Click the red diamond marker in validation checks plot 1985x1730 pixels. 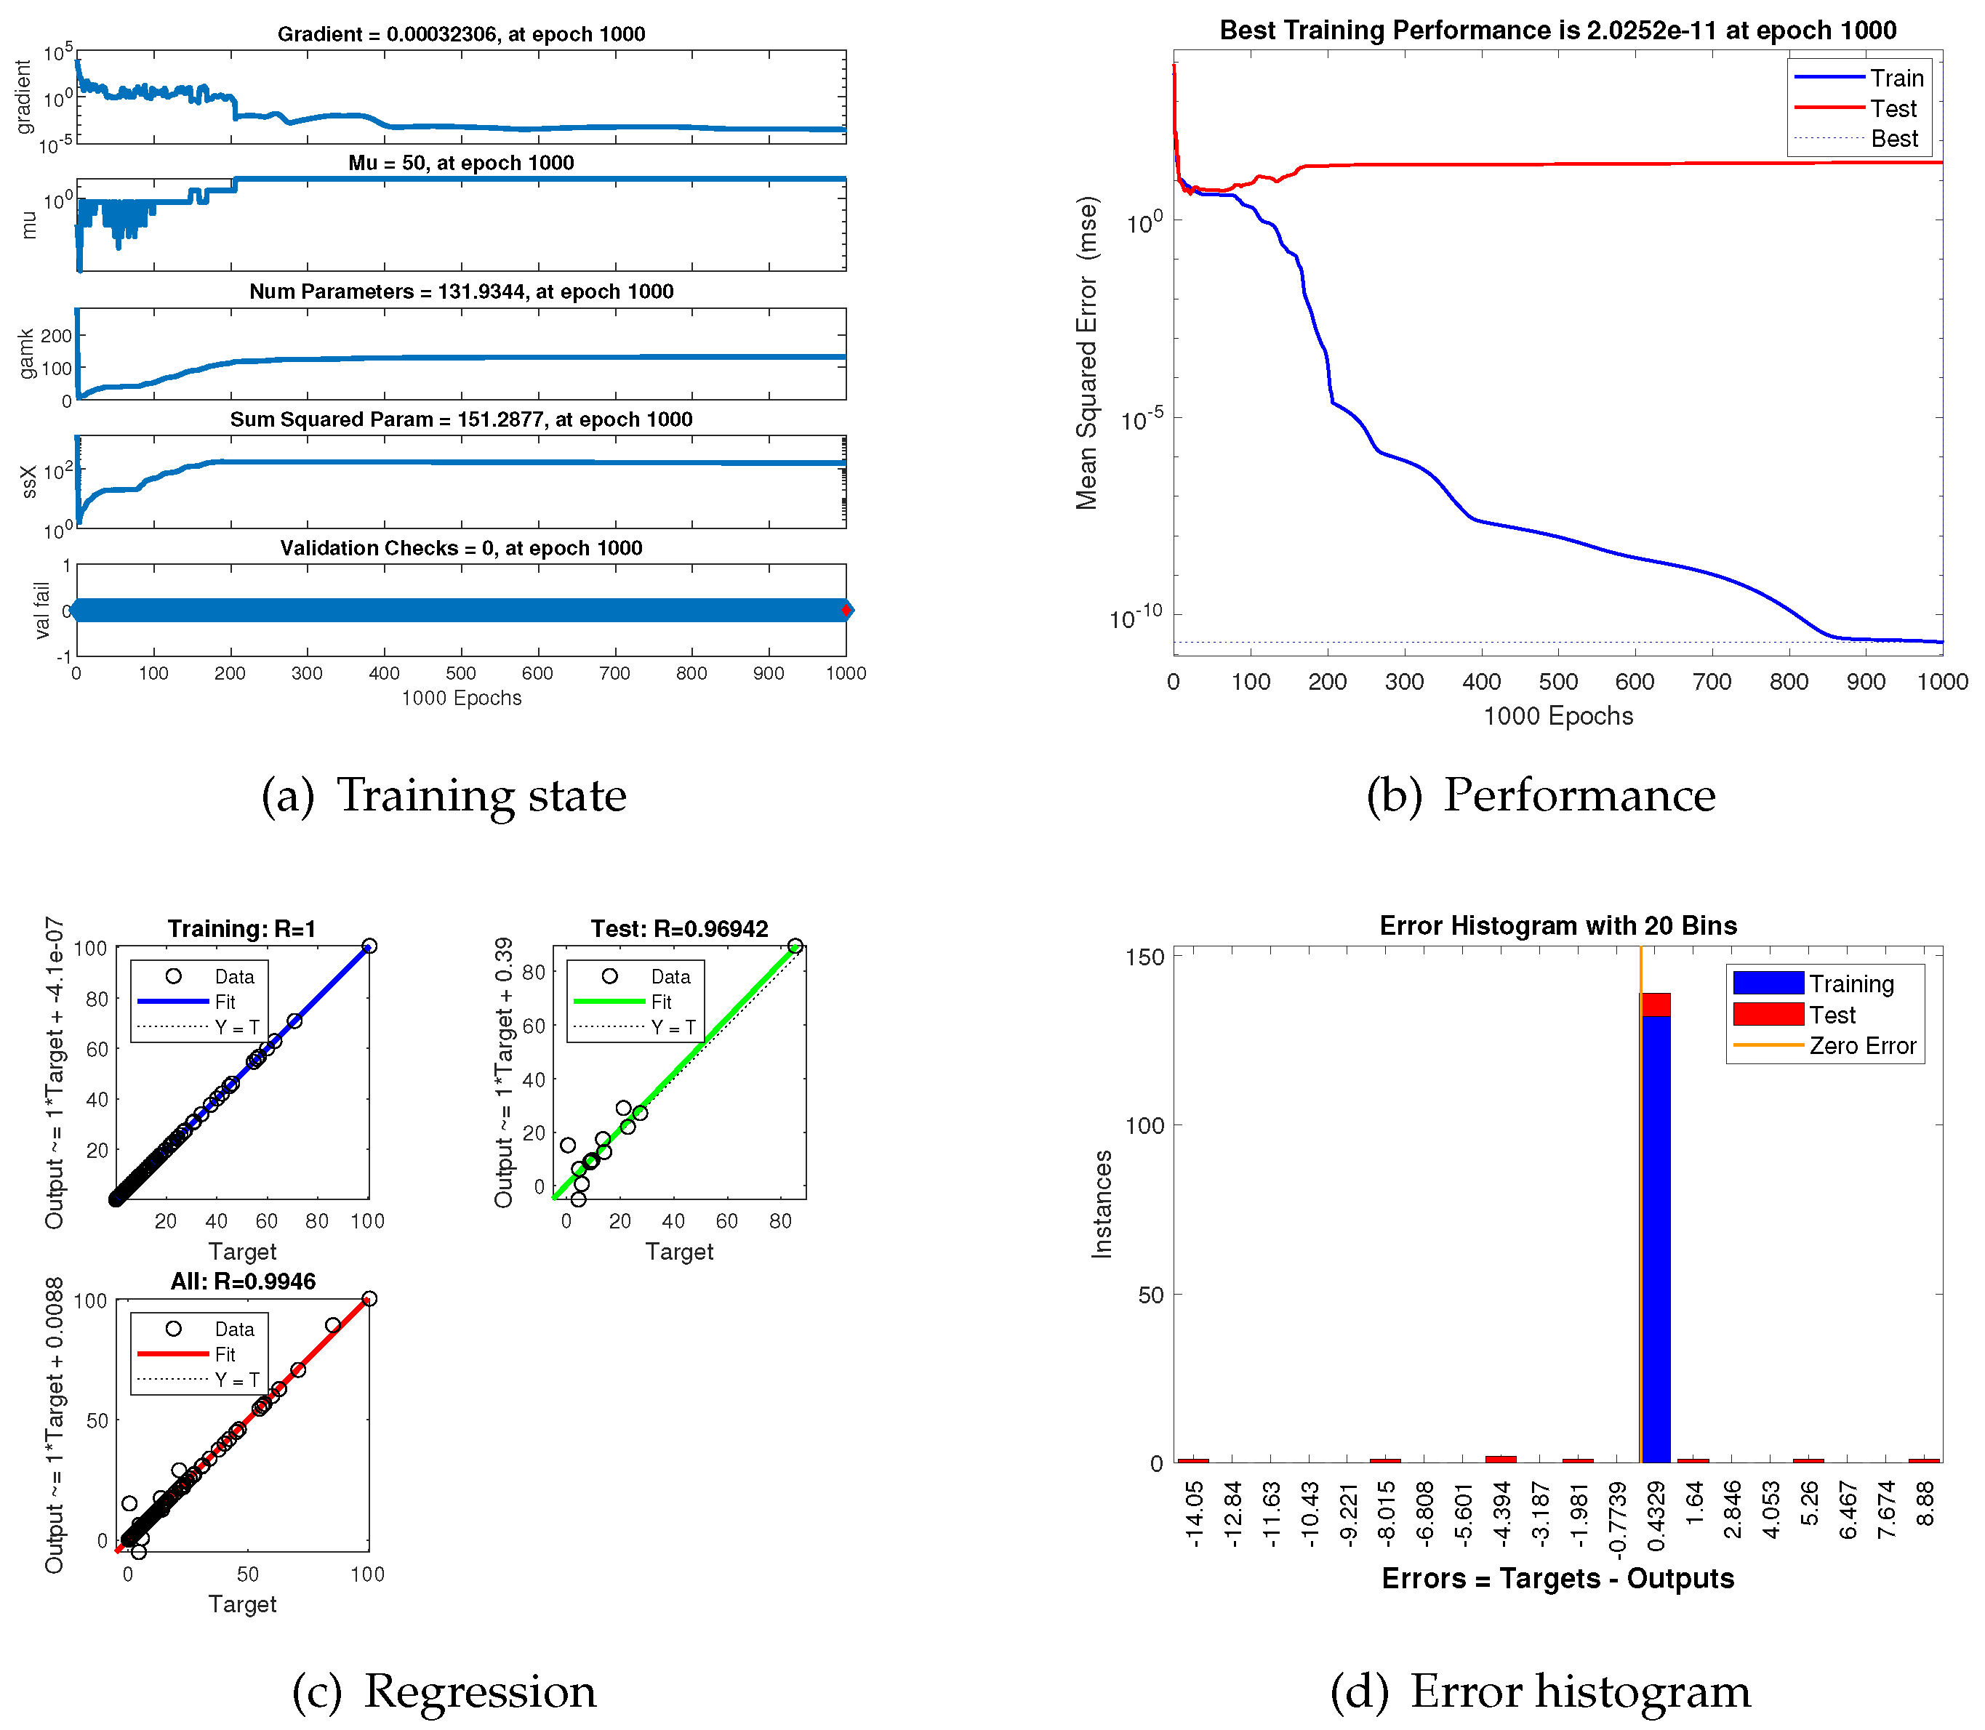pyautogui.click(x=846, y=610)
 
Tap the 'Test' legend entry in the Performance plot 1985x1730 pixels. pyautogui.click(x=1893, y=108)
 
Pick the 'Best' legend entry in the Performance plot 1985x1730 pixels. pyautogui.click(x=1893, y=139)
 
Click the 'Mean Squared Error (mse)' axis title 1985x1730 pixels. pyautogui.click(x=1088, y=353)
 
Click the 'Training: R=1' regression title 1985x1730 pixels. pyautogui.click(x=241, y=929)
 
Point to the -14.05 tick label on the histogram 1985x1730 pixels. pyautogui.click(x=1195, y=1516)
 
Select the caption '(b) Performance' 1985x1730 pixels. pyautogui.click(x=1540, y=795)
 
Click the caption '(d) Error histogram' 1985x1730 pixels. pyautogui.click(x=1540, y=1691)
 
